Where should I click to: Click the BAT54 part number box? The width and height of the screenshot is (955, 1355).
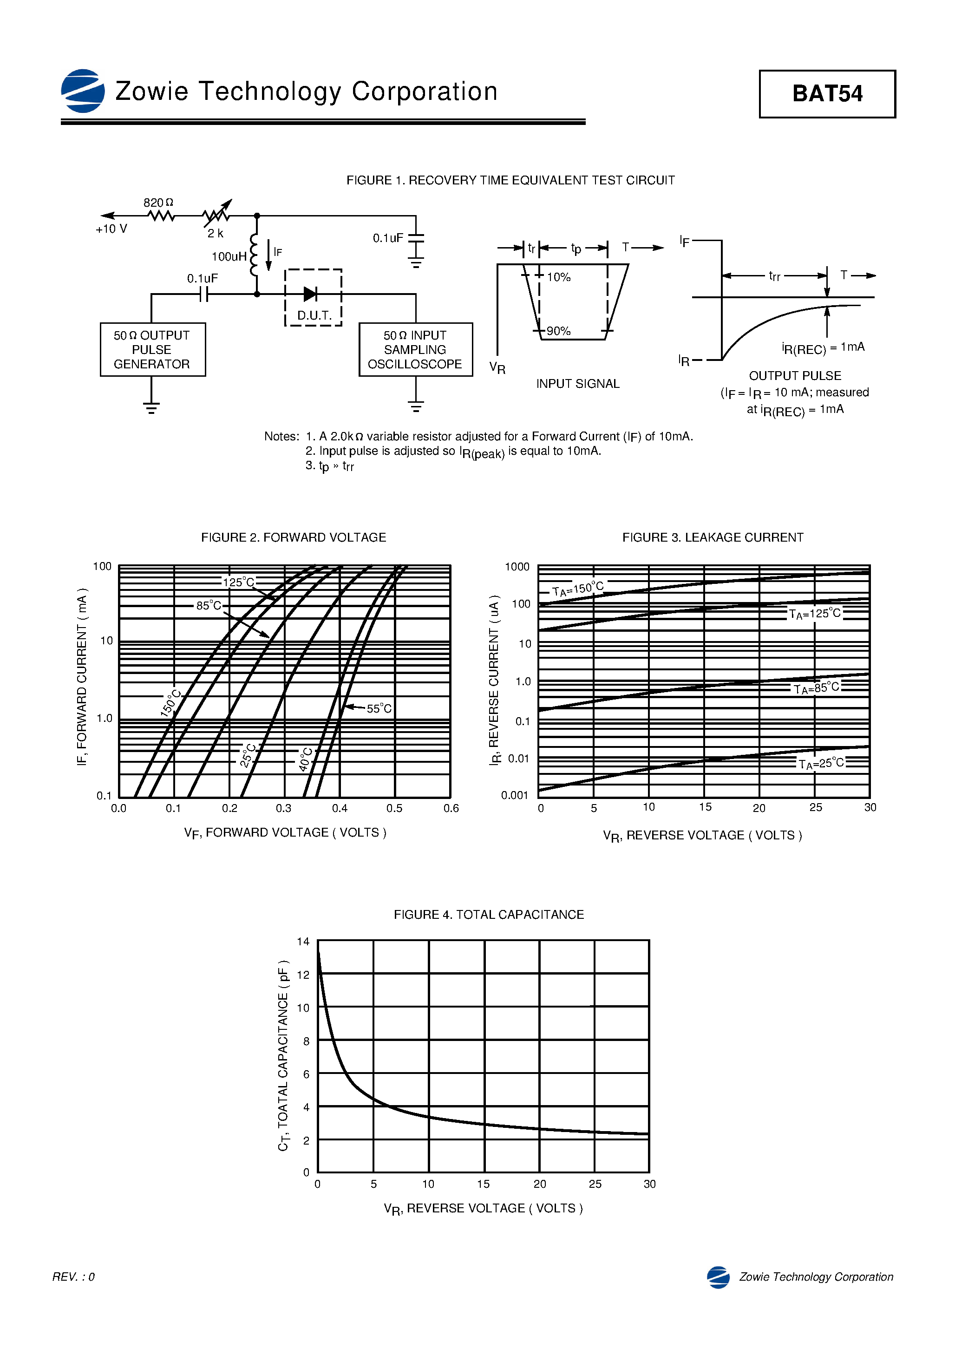826,94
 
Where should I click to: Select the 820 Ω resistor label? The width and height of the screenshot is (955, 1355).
158,203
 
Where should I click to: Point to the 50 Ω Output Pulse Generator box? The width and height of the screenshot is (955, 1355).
152,349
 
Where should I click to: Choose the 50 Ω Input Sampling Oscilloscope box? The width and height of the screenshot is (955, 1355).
416,349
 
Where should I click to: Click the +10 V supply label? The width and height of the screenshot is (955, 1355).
111,229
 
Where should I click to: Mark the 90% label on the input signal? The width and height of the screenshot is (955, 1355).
558,331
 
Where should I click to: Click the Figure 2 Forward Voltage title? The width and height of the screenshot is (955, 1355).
294,537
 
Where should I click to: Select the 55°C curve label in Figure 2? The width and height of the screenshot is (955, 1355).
379,708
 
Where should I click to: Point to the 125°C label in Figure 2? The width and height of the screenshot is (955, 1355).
238,583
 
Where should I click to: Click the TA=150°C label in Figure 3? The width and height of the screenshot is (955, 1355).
578,589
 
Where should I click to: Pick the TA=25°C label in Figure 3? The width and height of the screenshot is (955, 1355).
821,764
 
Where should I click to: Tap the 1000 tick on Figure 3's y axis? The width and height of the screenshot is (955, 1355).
517,567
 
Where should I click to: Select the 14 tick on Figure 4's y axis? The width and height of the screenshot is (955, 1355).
303,941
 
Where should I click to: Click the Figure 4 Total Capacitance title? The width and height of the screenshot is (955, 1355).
489,915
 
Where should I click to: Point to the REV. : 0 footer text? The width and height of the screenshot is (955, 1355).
74,1277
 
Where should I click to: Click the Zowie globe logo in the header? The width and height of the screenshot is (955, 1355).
83,91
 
